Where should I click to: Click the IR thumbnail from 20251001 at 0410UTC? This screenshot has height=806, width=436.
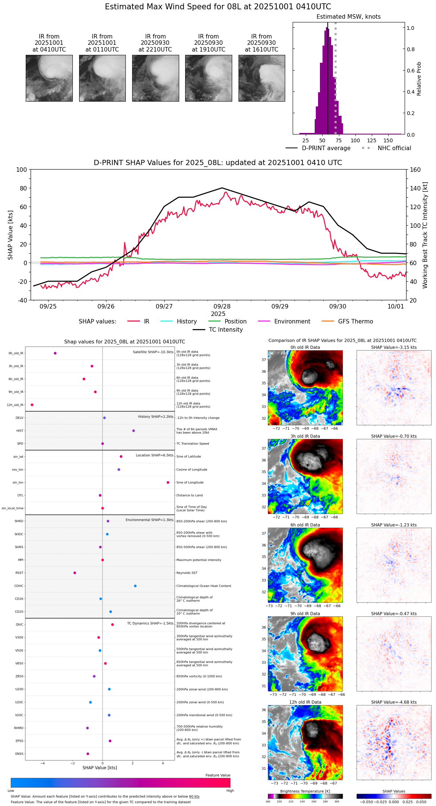point(49,78)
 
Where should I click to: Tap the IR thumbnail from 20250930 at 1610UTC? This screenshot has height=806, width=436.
point(262,78)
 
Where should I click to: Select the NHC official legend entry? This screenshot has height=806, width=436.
point(394,148)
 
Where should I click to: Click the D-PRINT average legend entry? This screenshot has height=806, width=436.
point(326,148)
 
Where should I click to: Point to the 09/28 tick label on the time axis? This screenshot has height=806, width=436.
point(222,307)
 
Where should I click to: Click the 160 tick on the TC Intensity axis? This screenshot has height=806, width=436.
point(415,170)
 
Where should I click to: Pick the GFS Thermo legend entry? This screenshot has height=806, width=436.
point(355,322)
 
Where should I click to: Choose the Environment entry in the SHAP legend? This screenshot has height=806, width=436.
point(292,322)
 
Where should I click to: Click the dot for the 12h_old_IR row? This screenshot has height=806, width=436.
point(32,405)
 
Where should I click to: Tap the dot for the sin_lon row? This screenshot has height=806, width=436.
point(168,483)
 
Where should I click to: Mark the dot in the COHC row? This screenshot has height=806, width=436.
point(135,586)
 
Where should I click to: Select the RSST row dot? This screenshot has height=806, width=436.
point(75,573)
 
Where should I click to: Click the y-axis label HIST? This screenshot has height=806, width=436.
point(20,431)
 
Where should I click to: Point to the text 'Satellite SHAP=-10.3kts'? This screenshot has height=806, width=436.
point(153,352)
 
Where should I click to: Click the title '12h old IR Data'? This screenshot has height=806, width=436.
point(305,702)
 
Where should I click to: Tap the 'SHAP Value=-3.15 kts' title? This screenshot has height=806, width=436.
point(394,347)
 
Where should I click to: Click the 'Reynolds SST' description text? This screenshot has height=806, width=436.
point(187,573)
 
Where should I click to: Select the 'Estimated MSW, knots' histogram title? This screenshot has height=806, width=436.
point(348,17)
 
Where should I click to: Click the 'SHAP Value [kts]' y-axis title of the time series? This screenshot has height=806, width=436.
point(10,235)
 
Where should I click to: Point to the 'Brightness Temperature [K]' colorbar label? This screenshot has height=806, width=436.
point(305,791)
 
